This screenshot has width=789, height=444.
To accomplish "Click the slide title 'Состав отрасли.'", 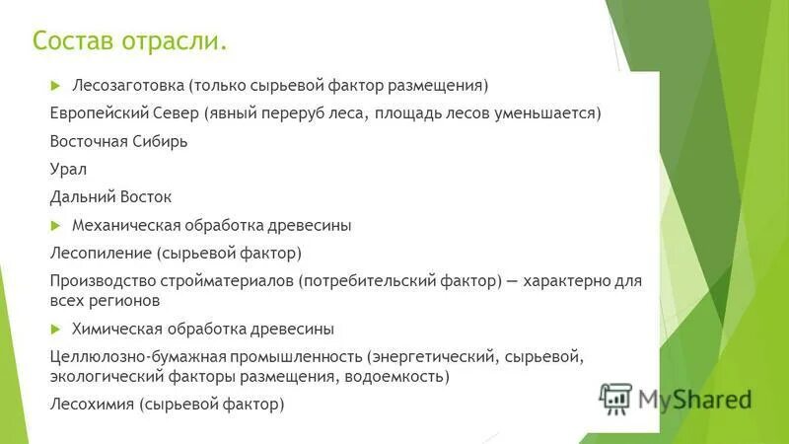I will coord(129,42).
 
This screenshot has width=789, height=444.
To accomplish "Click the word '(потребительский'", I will coord(368,281).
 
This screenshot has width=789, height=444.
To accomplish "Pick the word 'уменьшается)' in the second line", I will coord(547,112).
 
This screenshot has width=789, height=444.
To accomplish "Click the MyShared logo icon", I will coord(615,398).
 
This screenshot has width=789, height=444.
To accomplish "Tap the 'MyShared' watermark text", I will coord(694,399).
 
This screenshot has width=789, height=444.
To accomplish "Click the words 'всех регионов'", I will coord(105,300).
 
